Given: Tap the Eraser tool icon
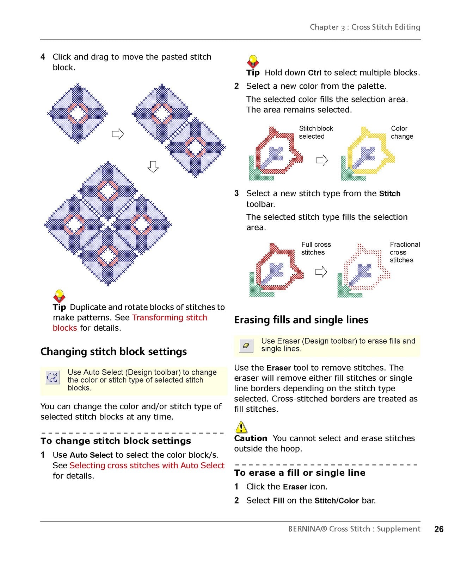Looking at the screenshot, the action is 246,346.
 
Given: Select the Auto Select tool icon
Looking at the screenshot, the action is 53,377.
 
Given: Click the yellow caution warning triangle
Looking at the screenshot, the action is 241,427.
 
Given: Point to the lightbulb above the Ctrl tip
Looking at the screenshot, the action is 253,62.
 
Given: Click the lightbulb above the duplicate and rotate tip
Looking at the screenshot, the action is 59,296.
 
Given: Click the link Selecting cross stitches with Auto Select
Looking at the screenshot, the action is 147,465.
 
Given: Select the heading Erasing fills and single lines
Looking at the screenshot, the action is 301,320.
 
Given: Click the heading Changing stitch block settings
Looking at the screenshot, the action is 113,351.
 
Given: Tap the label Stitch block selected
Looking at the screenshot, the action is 315,132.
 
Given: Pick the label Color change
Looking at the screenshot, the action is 402,132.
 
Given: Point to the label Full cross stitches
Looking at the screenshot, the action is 316,248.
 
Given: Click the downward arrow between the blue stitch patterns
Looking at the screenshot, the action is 153,166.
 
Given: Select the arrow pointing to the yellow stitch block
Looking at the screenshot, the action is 322,160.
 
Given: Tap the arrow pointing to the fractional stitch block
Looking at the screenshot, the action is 321,272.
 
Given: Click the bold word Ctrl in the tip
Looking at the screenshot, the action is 314,72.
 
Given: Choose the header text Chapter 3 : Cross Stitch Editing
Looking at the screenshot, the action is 365,27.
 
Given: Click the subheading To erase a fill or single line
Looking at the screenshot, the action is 300,473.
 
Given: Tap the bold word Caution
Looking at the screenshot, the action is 251,438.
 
